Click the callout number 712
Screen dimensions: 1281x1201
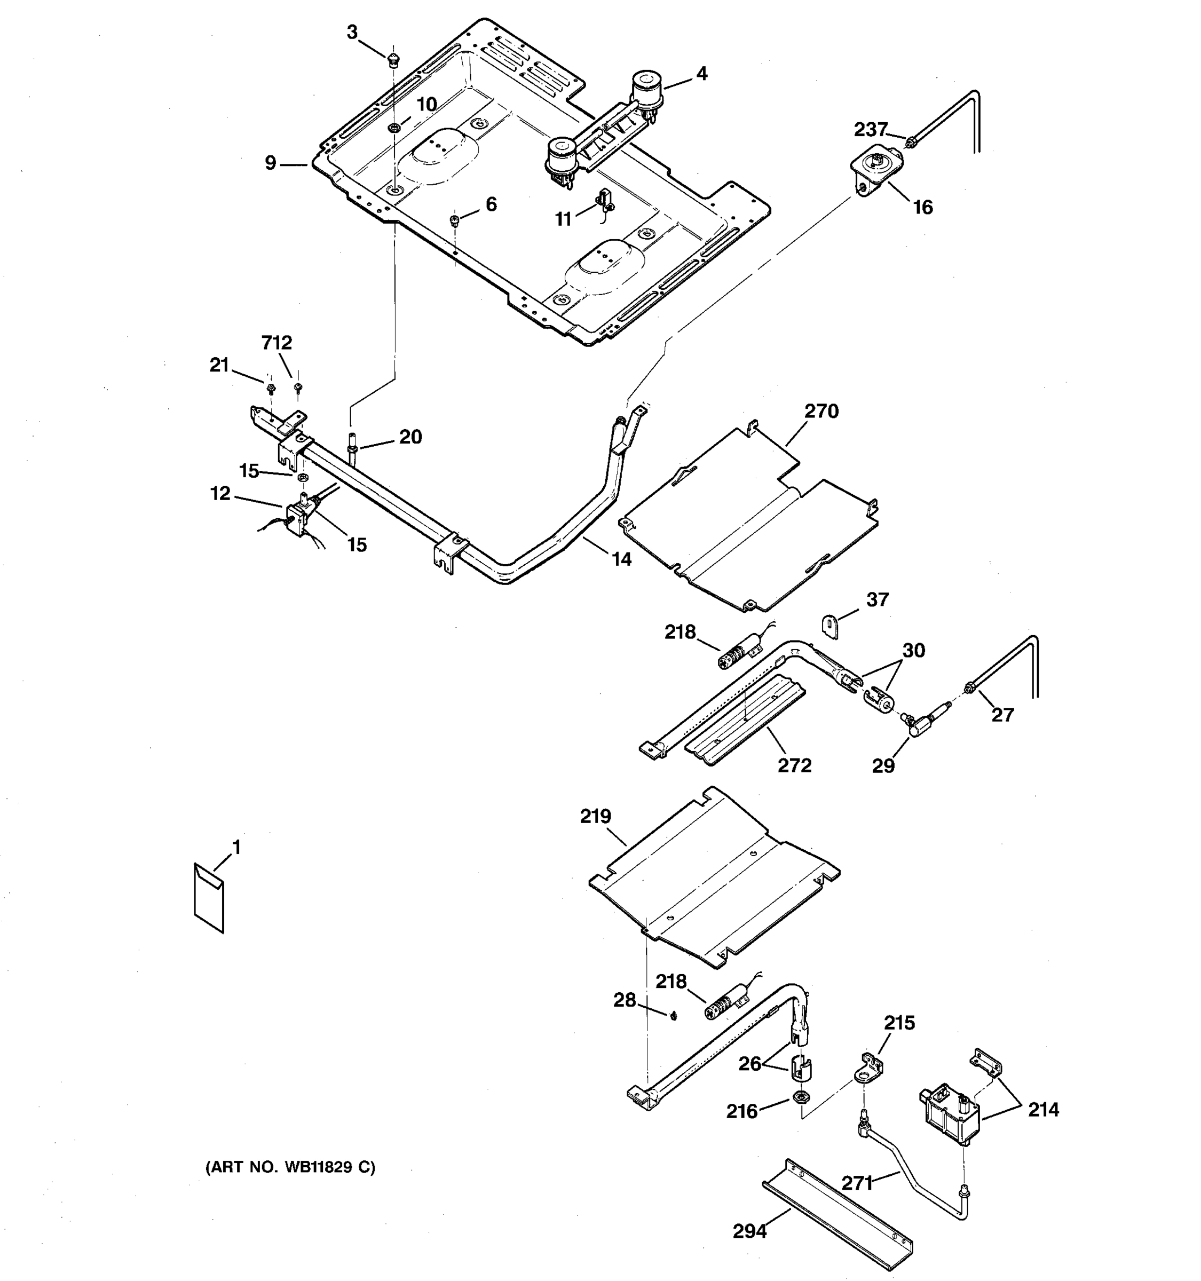276,343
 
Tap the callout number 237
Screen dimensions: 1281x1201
871,130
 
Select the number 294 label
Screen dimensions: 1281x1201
749,1231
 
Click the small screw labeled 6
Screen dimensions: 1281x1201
454,220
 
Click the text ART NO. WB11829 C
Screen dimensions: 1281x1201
290,1166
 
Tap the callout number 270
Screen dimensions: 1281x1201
821,411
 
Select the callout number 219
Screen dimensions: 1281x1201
595,817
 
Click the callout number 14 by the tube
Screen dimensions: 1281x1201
621,559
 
